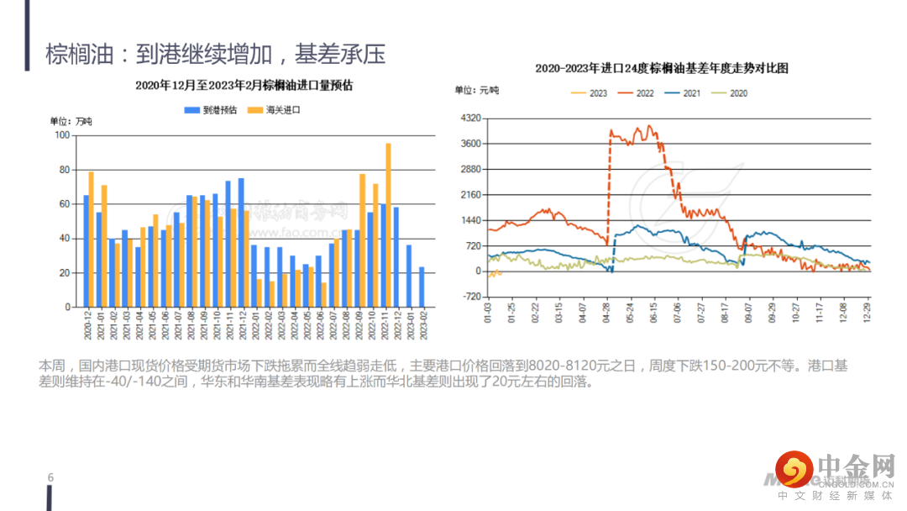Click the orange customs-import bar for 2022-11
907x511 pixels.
click(x=388, y=225)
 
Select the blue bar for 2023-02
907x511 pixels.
click(x=422, y=287)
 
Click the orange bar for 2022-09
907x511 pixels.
click(x=363, y=240)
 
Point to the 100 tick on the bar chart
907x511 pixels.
click(x=61, y=135)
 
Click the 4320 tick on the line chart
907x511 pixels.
click(x=471, y=119)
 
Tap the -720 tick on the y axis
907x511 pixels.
click(x=471, y=297)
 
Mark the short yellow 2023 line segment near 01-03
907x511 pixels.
click(x=494, y=273)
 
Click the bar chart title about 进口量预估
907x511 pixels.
click(x=244, y=85)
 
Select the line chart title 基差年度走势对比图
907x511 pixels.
click(x=662, y=68)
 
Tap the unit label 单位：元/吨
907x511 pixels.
click(x=477, y=91)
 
